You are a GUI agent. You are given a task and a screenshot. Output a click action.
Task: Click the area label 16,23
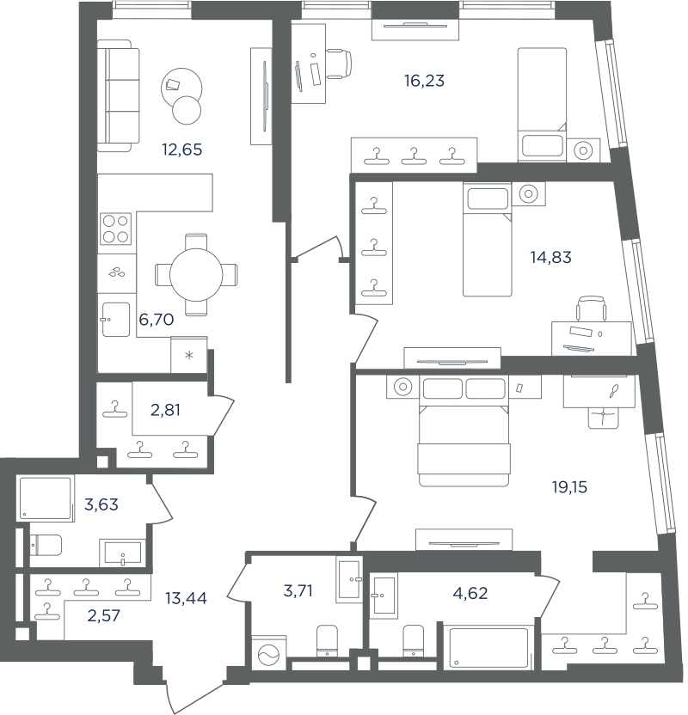pos(424,81)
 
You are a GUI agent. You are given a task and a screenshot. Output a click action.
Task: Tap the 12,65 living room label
pos(182,150)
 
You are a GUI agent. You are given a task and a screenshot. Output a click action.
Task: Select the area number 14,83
pos(550,258)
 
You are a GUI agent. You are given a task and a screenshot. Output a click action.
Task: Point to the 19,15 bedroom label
pos(570,487)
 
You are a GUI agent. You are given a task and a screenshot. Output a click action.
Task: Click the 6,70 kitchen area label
pos(157,320)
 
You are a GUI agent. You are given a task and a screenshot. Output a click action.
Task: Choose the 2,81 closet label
pos(165,411)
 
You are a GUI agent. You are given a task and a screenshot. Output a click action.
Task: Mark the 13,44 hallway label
pos(186,598)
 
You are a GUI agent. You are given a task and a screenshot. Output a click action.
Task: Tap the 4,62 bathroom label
pos(470,593)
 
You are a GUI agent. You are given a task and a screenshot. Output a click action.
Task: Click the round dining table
pos(196,275)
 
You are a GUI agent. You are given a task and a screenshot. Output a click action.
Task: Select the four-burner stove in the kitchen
pos(115,229)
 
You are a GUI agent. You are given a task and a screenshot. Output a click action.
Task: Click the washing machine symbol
pos(268,657)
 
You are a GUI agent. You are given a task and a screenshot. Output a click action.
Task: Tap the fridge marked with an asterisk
pos(189,354)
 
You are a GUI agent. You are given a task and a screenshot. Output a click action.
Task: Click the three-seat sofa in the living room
pos(118,95)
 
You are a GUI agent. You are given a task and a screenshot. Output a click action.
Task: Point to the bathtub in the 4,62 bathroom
pos(489,647)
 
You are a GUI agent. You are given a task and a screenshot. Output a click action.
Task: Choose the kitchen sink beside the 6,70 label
pos(115,320)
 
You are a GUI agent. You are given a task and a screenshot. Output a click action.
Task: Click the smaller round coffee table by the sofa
pos(187,110)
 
